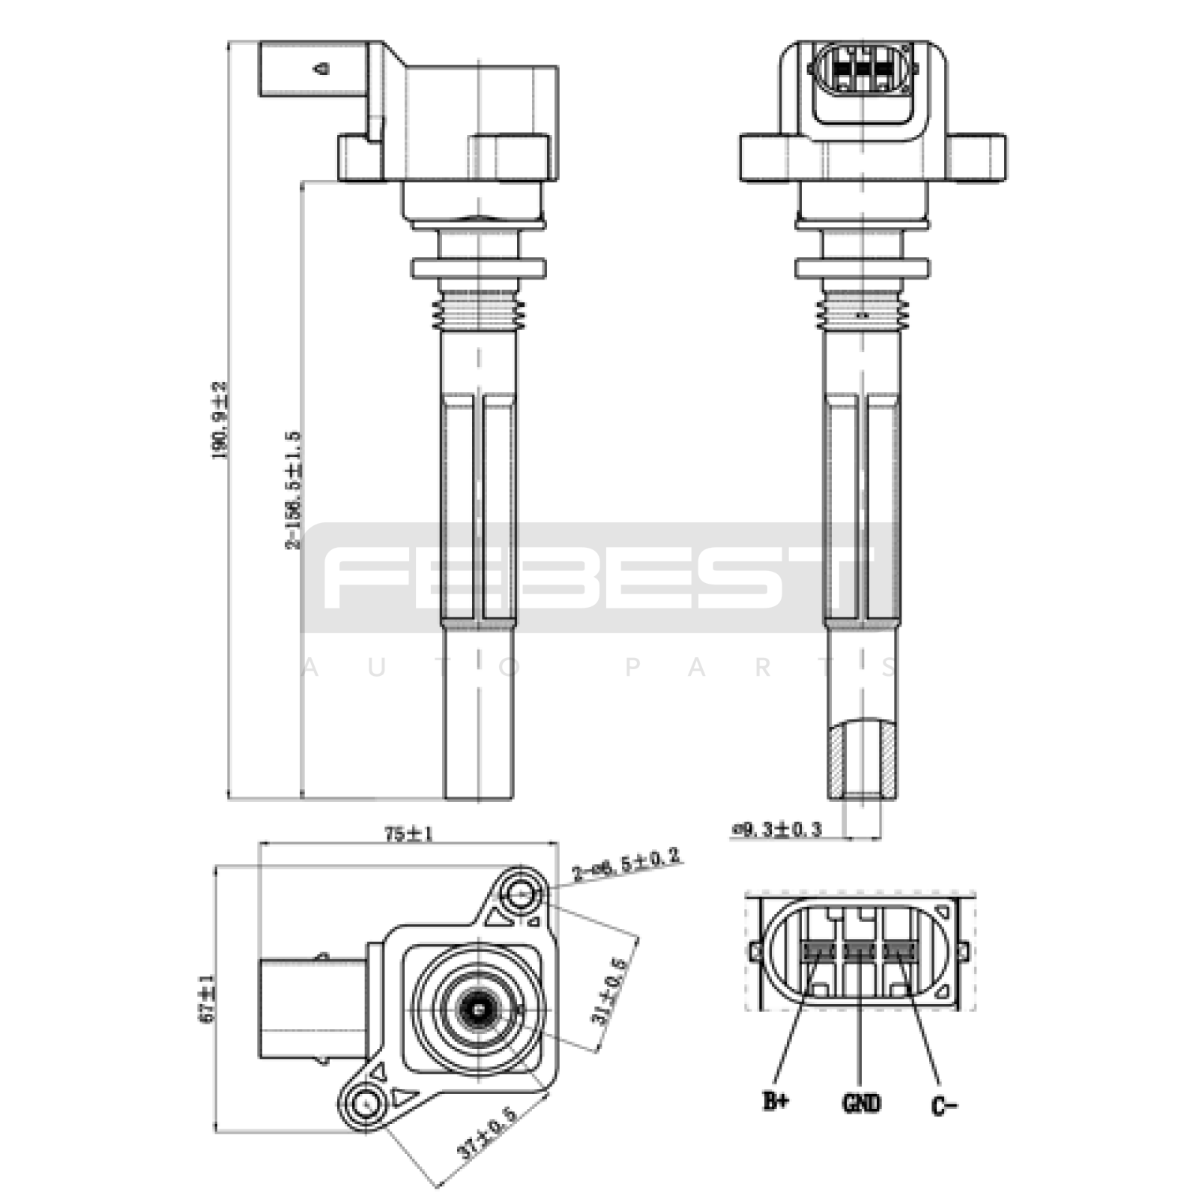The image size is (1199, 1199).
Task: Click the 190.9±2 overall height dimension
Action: click(220, 420)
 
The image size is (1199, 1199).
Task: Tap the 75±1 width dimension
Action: click(408, 833)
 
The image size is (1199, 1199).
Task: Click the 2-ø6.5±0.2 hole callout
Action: click(626, 864)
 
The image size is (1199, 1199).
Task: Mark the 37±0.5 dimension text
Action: click(487, 1132)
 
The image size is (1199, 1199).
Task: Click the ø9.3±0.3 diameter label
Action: click(776, 829)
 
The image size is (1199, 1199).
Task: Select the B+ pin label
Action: click(776, 1101)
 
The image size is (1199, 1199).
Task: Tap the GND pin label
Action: click(861, 1103)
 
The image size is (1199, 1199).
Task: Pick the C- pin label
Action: click(943, 1105)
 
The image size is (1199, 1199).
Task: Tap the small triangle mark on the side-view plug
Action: click(323, 69)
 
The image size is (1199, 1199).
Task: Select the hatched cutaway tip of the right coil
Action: click(862, 758)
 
